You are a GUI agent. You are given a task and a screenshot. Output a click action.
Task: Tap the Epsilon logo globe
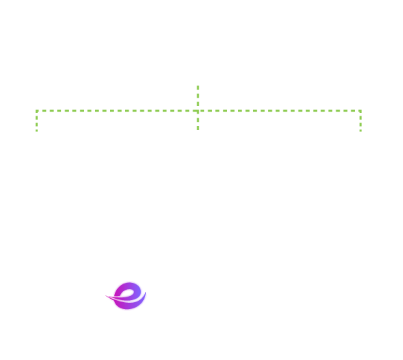click(128, 298)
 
